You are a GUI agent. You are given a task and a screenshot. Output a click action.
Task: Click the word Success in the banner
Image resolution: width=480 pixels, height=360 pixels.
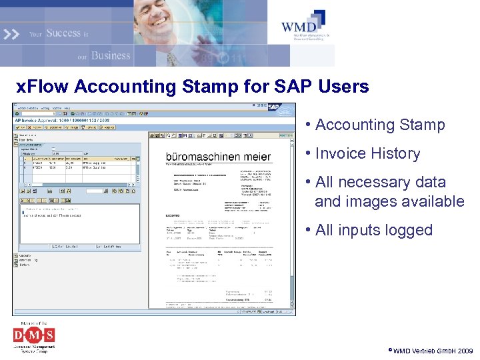tap(63, 33)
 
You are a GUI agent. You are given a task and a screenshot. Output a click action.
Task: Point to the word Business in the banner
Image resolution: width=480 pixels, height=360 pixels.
tap(111, 55)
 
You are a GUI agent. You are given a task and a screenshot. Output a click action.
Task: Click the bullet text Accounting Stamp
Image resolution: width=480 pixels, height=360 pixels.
tap(380, 125)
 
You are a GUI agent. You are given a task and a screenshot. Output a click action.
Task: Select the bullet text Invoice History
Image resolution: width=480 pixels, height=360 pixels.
tap(367, 153)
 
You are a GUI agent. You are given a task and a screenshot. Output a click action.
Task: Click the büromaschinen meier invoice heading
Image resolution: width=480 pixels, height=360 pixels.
tap(218, 157)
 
